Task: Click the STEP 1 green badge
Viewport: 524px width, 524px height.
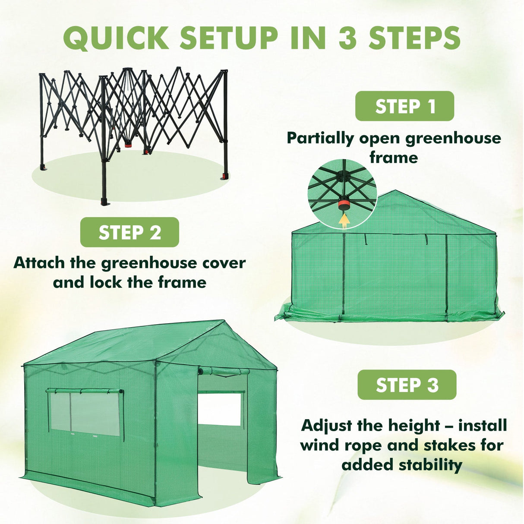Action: [x=404, y=106]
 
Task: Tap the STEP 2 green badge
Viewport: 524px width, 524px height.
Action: [x=129, y=232]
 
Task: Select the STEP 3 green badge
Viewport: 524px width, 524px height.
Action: [x=407, y=385]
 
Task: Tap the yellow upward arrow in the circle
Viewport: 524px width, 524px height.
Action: [x=344, y=220]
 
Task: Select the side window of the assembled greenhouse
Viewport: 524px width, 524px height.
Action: [x=85, y=412]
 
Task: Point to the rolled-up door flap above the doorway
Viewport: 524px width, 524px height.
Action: [x=224, y=371]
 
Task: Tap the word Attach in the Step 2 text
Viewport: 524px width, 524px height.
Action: [x=39, y=262]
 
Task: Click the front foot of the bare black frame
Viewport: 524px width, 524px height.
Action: [x=104, y=202]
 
